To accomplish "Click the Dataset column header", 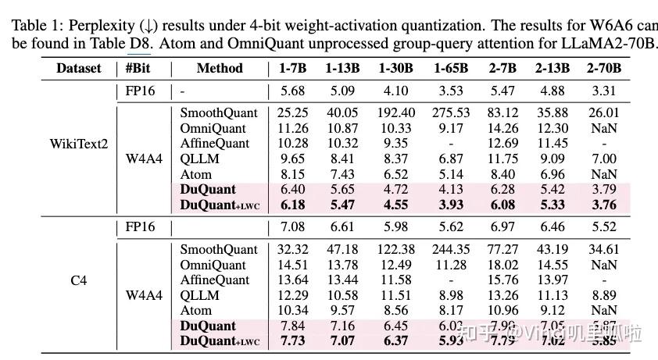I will coord(78,68).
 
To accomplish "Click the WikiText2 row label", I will coord(78,144).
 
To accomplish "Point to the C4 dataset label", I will coord(78,280).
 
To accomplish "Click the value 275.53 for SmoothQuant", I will coord(451,113).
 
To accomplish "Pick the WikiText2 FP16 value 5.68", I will coord(293,91).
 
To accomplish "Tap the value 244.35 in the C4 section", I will coord(451,249).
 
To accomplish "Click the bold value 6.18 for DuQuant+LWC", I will coord(293,205).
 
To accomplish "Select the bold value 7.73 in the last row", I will coord(293,340).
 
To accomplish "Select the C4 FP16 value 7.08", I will coord(293,226).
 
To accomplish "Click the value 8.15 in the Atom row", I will coord(293,174).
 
